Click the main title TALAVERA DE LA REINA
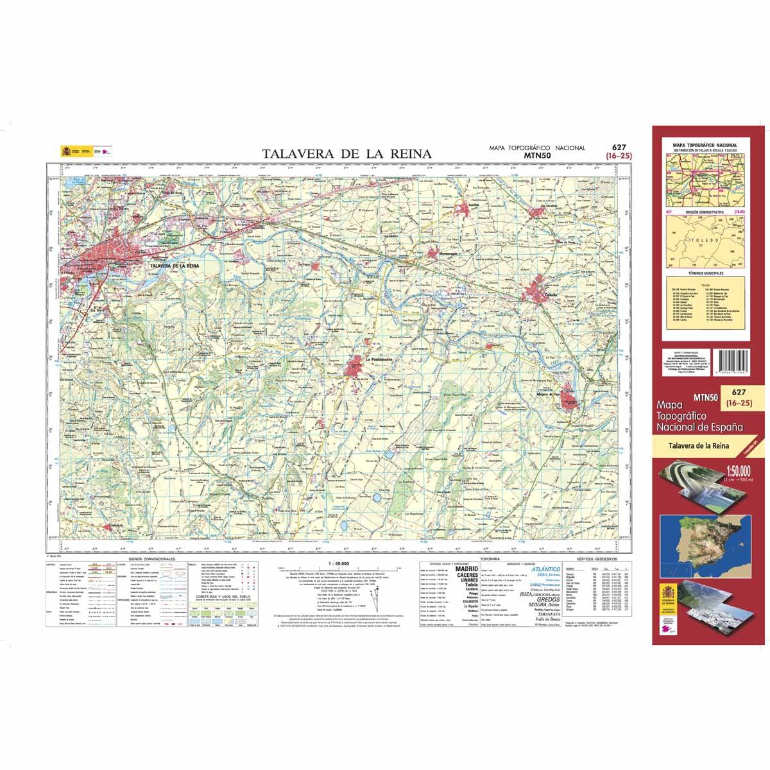click(347, 154)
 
